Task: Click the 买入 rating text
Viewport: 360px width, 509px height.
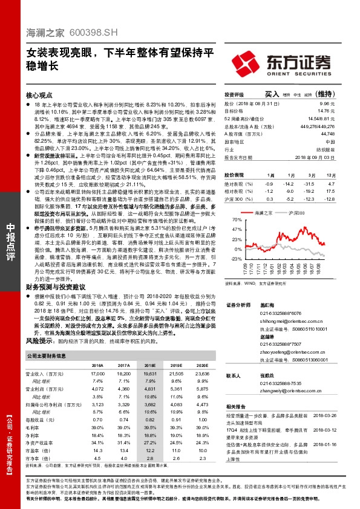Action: (272, 95)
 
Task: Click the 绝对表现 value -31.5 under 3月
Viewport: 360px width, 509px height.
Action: (309, 183)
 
